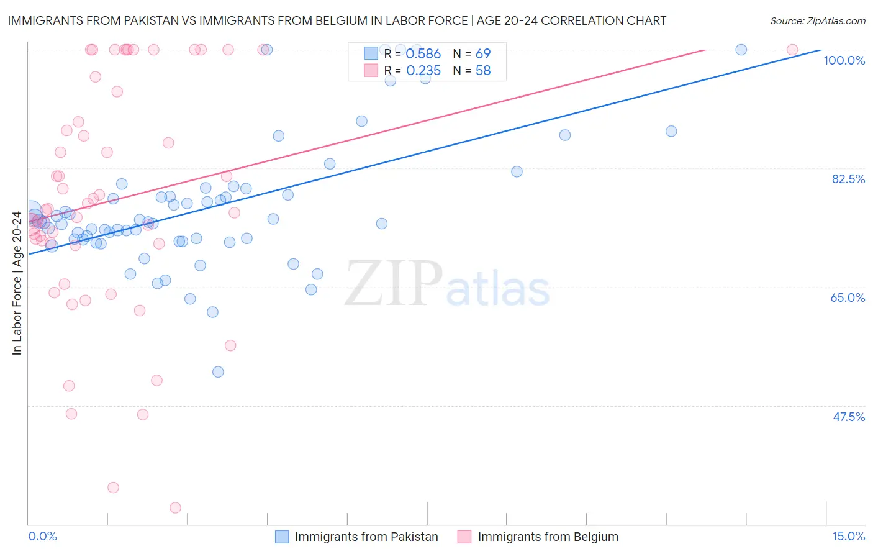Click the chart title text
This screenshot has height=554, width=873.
tap(337, 20)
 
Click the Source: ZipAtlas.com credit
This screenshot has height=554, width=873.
tap(817, 20)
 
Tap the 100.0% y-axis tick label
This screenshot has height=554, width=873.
tap(844, 60)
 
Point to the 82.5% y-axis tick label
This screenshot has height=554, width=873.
tap(848, 179)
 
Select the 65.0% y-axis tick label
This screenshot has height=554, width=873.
tap(848, 297)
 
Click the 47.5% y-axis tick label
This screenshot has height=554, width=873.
tap(848, 417)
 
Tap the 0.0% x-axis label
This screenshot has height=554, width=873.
tap(42, 536)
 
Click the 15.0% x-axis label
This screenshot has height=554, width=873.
tap(848, 536)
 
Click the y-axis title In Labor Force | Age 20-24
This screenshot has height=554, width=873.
tap(17, 283)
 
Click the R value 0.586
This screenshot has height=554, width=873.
tap(423, 54)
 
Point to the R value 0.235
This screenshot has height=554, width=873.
tap(423, 71)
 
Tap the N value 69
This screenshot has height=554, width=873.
tap(482, 54)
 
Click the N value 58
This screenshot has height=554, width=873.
tap(482, 71)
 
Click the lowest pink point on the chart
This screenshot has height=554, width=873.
tap(175, 508)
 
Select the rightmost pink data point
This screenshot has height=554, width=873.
tap(792, 50)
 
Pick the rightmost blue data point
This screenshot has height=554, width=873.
tap(741, 50)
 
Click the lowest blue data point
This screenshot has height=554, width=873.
tap(218, 372)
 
